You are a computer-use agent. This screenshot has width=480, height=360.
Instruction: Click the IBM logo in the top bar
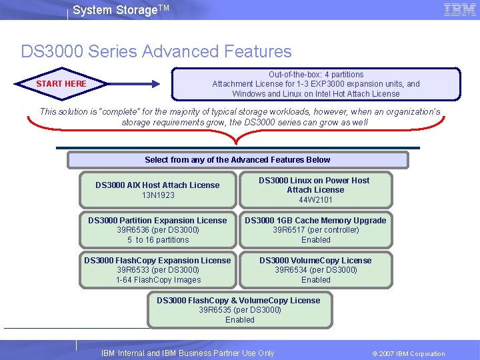click(459, 9)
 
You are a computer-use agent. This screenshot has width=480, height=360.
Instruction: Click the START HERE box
click(61, 84)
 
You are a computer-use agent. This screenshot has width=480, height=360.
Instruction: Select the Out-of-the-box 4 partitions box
click(315, 84)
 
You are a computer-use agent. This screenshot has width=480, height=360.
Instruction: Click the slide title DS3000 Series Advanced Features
click(156, 51)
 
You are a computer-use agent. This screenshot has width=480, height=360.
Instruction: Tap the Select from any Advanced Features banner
click(237, 160)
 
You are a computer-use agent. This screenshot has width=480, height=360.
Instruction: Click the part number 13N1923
click(158, 195)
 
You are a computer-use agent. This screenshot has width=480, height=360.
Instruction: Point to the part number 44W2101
click(315, 200)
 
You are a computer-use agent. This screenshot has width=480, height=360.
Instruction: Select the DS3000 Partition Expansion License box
click(157, 230)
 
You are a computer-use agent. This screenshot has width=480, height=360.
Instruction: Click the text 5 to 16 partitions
click(158, 240)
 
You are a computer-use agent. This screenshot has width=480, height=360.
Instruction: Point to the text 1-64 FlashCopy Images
click(158, 280)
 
